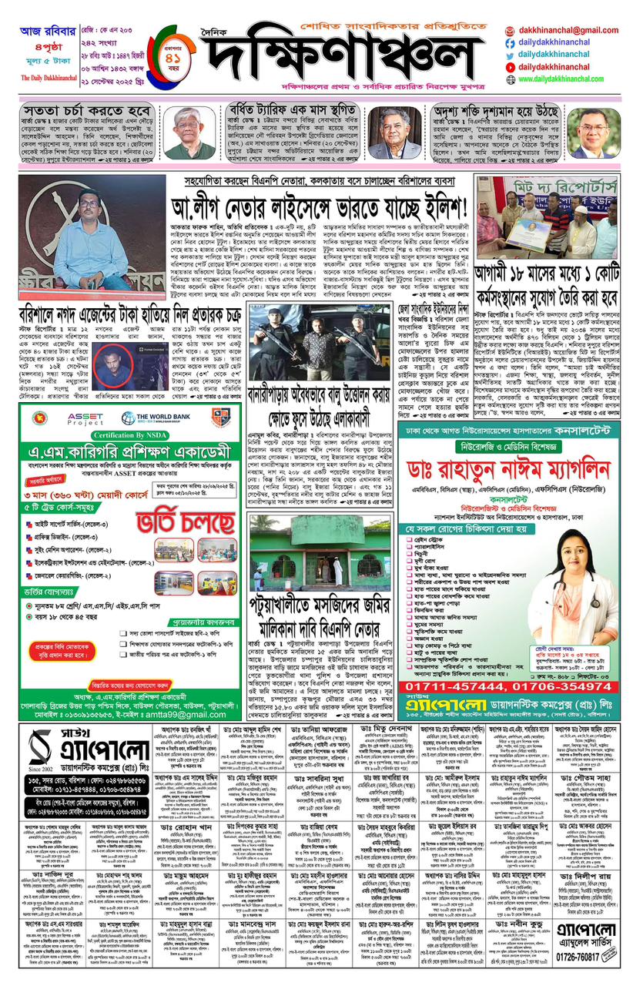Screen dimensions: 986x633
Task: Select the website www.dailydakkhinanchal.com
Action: click(568, 79)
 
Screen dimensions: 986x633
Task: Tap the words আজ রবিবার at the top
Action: click(45, 32)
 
